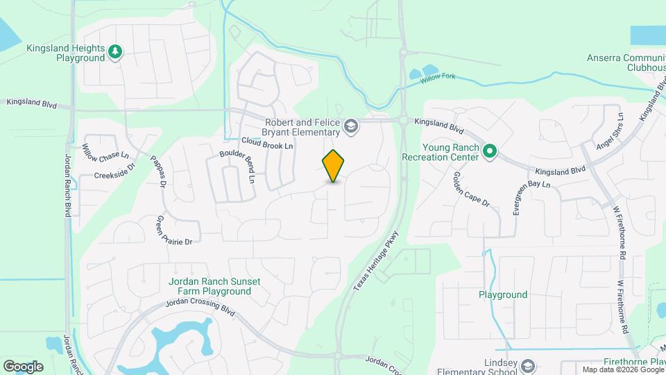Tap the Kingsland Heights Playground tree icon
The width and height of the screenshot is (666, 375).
(115, 51)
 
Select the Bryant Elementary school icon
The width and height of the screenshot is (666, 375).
(351, 126)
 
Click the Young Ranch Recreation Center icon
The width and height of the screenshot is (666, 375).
(490, 151)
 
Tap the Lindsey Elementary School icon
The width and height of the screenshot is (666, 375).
(528, 366)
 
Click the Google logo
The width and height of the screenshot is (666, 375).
(23, 366)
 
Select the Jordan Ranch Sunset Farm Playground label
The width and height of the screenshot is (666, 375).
(214, 286)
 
